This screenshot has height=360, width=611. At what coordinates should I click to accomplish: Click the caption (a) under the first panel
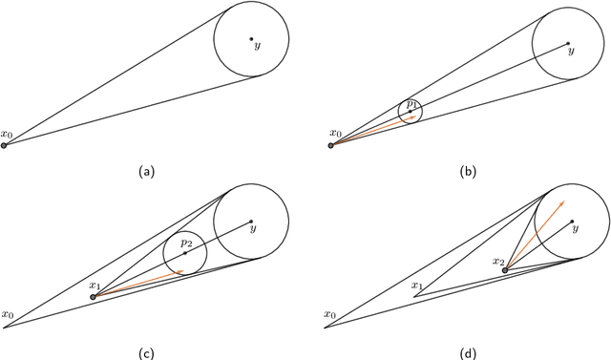[144, 171]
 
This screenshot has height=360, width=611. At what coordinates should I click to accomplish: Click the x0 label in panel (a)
[8, 135]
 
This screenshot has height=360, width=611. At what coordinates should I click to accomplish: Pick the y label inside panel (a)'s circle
[257, 45]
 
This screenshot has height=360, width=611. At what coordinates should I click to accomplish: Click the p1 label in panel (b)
[411, 102]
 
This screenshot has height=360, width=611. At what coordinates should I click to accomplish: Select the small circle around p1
[399, 113]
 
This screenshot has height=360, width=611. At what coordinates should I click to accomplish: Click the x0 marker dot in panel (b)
[331, 146]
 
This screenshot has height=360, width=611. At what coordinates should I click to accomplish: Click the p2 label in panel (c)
[187, 244]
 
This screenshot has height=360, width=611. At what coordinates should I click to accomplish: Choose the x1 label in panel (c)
[94, 286]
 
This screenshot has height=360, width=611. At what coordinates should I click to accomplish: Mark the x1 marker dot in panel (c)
[93, 297]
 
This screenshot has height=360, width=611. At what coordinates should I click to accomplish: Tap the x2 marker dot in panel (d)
[505, 270]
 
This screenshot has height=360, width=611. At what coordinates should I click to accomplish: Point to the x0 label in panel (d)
[331, 314]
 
